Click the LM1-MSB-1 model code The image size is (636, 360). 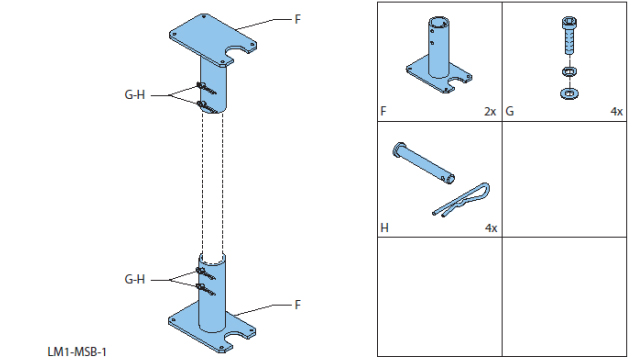coord(77,351)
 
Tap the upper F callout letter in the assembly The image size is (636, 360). coord(298,19)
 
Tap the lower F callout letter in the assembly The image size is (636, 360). coord(298,305)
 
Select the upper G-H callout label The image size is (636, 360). coord(135,95)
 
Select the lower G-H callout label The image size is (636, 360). coord(135,279)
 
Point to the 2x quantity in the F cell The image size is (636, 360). coord(490,111)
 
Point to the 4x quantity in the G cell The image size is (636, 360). coord(617,111)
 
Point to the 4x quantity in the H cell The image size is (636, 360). coord(491,228)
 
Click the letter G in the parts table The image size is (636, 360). coord(510,111)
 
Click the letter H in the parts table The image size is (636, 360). coord(385,228)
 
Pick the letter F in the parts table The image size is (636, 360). coord(383,111)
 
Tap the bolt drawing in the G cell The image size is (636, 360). coord(569,36)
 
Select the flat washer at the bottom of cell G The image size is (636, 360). coord(569,94)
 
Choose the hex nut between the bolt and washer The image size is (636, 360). coord(569,72)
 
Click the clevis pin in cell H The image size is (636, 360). coord(423,163)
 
